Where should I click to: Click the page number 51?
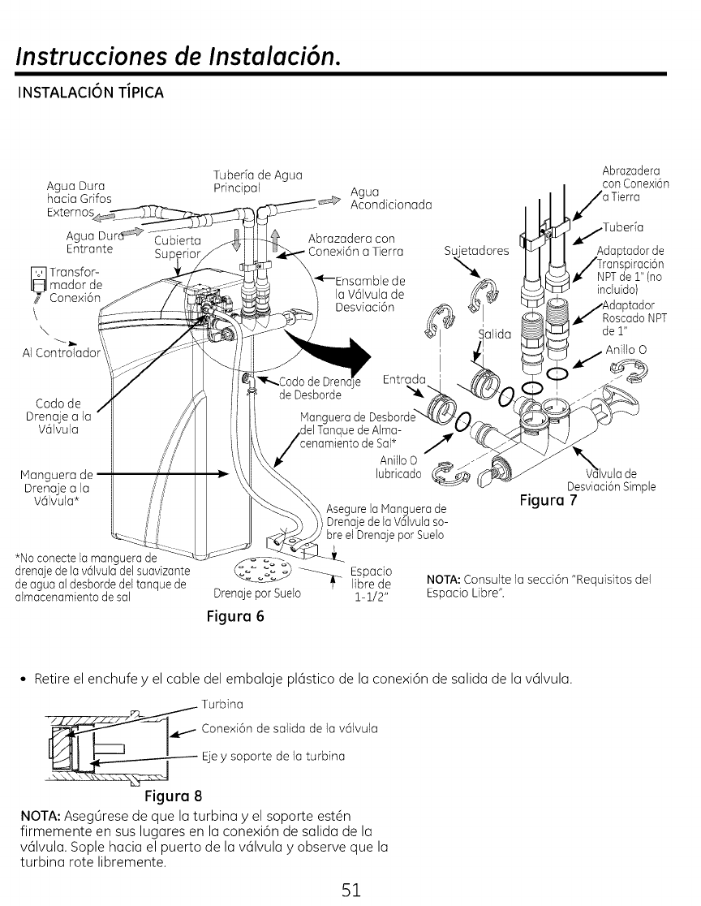350,883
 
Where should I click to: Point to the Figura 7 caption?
548,499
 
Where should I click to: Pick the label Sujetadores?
477,250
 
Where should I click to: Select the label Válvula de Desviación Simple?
611,481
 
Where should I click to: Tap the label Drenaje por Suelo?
257,593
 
